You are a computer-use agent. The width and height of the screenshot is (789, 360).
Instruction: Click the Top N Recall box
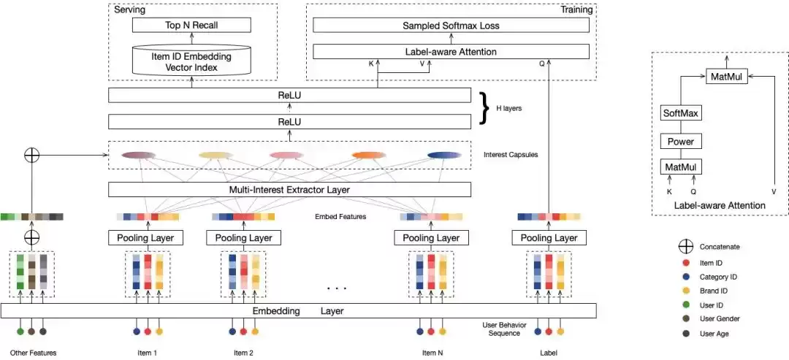pyautogui.click(x=191, y=25)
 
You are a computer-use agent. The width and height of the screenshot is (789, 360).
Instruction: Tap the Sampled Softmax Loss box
pyautogui.click(x=451, y=25)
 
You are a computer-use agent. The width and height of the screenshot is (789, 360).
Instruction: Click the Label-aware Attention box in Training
pyautogui.click(x=451, y=52)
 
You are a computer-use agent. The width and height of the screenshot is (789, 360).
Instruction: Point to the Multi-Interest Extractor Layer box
pyautogui.click(x=289, y=190)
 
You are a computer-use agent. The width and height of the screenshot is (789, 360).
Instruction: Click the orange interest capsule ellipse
pyautogui.click(x=368, y=155)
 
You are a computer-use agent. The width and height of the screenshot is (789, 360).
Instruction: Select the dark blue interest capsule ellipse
pyautogui.click(x=444, y=155)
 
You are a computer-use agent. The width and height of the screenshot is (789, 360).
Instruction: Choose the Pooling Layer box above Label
pyautogui.click(x=549, y=238)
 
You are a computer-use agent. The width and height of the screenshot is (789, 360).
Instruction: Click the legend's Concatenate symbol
pyautogui.click(x=685, y=247)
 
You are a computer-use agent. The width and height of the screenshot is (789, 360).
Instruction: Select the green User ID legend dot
pyautogui.click(x=685, y=305)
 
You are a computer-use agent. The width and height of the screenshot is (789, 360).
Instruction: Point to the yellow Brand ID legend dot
pyautogui.click(x=685, y=291)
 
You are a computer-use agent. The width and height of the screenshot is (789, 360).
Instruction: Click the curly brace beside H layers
pyautogui.click(x=485, y=107)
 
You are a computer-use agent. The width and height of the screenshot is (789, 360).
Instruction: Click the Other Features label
pyautogui.click(x=33, y=353)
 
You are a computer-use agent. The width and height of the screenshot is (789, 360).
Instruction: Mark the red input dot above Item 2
pyautogui.click(x=243, y=332)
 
